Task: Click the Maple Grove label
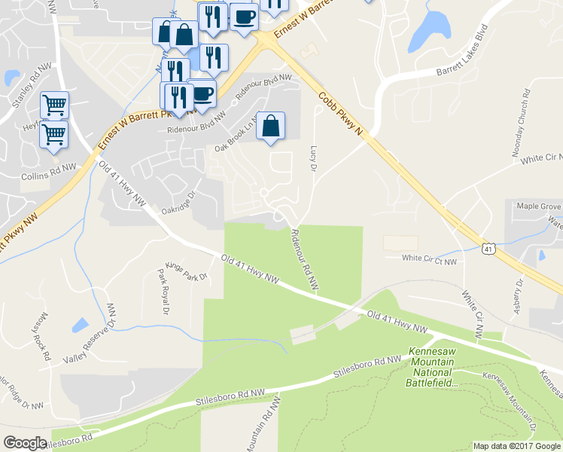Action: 539,206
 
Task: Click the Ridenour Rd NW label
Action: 305,258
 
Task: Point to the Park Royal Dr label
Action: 160,290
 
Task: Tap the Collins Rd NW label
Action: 49,172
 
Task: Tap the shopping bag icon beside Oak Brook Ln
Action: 271,127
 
